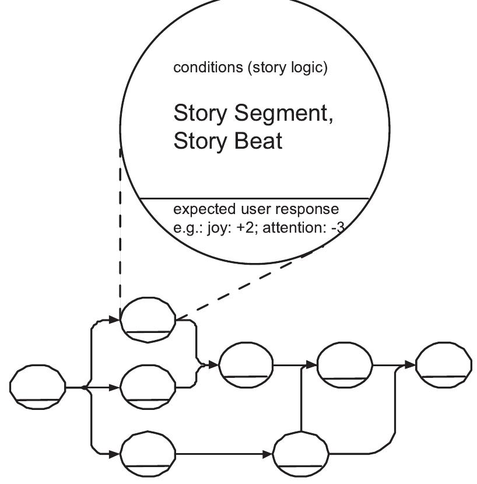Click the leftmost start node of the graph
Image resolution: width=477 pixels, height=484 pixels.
(38, 387)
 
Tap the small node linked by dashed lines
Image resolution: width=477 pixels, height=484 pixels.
(148, 319)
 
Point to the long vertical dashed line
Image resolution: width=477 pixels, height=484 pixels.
(120, 227)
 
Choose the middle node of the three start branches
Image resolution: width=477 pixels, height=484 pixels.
(148, 386)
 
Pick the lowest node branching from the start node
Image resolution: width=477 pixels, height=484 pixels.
(148, 453)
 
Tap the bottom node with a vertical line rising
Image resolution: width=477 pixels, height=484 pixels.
(301, 453)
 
